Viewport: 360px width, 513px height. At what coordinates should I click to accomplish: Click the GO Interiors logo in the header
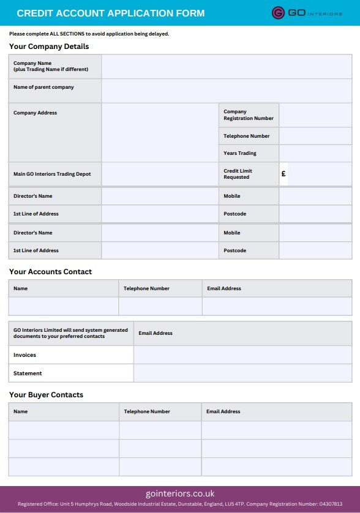pos(307,13)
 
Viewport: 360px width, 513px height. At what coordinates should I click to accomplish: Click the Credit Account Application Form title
pos(110,13)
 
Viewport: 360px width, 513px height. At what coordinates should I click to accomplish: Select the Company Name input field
pos(227,67)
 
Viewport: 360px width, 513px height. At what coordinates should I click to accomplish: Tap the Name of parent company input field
pos(227,91)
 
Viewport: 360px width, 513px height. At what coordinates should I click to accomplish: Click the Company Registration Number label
pos(249,115)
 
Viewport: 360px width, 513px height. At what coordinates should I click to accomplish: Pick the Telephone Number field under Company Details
pos(315,136)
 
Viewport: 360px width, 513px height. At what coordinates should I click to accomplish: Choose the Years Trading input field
pos(315,153)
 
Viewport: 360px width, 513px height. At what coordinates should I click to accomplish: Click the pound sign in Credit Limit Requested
pos(283,174)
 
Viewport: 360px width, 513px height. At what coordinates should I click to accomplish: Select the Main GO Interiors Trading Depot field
pos(160,174)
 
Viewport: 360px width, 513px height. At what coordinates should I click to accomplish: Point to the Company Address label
pos(35,113)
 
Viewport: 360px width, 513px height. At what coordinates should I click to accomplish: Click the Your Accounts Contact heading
pos(50,272)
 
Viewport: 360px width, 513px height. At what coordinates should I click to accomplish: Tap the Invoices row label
pos(24,355)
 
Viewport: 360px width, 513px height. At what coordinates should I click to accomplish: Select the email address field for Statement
pos(242,373)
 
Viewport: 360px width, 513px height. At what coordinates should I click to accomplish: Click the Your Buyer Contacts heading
pos(46,395)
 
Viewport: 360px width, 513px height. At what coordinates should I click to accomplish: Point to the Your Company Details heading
pos(49,47)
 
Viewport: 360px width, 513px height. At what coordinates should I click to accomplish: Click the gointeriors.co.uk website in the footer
pos(180,493)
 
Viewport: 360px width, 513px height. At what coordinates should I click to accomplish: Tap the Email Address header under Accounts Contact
pos(223,288)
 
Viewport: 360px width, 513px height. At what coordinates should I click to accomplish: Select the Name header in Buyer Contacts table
pos(21,411)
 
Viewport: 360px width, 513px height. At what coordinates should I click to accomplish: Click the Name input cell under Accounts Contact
pos(64,306)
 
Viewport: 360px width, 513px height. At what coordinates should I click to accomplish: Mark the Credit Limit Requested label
pos(238,174)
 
